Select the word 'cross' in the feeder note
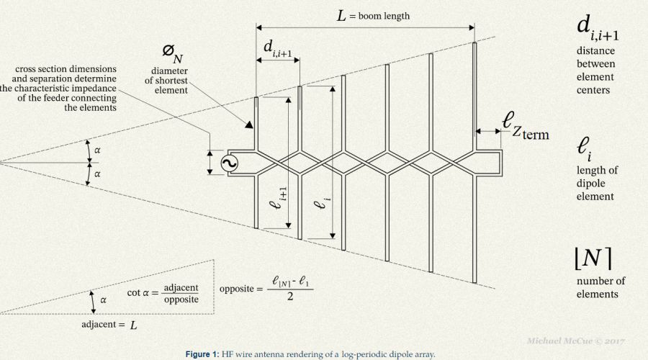[27, 69]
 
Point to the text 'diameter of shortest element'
[169, 81]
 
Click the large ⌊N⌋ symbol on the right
[593, 256]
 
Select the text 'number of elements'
[600, 287]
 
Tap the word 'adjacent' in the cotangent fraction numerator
[179, 287]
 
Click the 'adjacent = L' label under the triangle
[109, 325]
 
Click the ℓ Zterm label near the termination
[526, 127]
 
